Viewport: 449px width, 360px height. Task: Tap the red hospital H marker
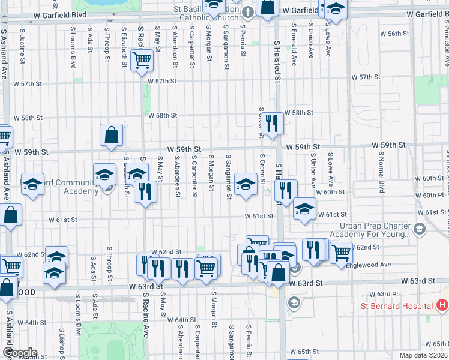(x=442, y=305)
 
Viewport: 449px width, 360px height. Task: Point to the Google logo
(x=19, y=353)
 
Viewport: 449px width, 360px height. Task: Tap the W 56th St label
(x=397, y=34)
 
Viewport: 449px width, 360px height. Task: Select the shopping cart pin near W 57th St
(x=142, y=59)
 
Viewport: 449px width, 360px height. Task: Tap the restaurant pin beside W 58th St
(x=273, y=123)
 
